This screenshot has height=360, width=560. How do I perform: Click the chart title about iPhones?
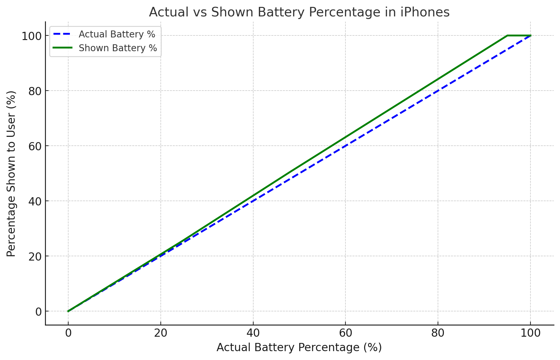[299, 12]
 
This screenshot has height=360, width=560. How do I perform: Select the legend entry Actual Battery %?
[117, 34]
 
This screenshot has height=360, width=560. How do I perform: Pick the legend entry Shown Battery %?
[118, 48]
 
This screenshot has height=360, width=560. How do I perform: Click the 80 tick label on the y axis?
[35, 91]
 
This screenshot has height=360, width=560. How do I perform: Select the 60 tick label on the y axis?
[35, 146]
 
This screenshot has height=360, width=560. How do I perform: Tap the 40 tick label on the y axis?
[35, 201]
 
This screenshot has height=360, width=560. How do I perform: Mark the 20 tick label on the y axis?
[35, 256]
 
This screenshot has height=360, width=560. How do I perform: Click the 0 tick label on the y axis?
[38, 311]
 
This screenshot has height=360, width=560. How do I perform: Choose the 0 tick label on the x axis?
[68, 333]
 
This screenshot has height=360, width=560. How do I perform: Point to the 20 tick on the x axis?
[161, 333]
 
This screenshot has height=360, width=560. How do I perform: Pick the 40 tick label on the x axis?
[253, 333]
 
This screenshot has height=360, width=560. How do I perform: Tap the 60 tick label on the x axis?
[345, 333]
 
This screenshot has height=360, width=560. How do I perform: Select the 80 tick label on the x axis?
[438, 333]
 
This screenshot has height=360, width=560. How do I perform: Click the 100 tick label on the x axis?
[530, 333]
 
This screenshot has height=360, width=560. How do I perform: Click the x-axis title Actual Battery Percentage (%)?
[299, 348]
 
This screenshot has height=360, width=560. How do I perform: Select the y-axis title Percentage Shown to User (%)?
[11, 174]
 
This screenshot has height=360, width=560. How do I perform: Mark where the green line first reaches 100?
[507, 35]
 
